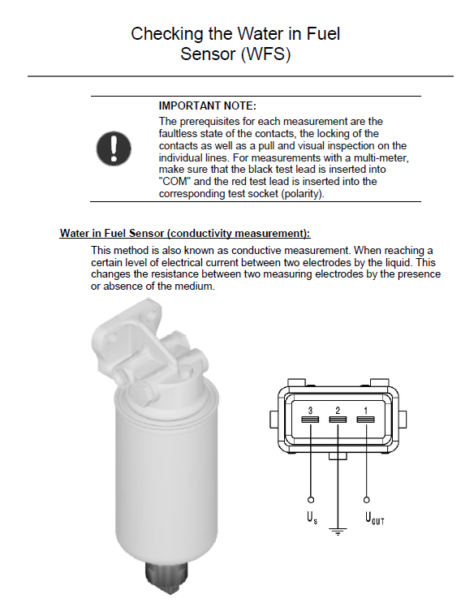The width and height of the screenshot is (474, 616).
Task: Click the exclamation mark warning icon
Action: [114, 149]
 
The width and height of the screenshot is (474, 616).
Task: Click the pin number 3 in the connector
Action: [310, 411]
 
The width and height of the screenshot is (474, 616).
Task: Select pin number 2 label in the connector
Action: [338, 411]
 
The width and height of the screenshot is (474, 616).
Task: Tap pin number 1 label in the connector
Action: [365, 411]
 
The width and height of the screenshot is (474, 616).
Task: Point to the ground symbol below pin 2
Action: [338, 532]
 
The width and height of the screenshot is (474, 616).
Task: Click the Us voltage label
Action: [312, 518]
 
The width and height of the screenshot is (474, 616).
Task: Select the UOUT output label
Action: [374, 518]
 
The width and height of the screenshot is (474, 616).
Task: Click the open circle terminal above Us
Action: [311, 500]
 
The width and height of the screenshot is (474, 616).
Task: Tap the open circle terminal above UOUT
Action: [366, 500]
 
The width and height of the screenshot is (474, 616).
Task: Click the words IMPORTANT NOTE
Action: [207, 106]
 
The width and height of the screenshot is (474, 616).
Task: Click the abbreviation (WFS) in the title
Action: [265, 54]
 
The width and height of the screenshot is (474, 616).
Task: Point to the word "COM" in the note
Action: [175, 182]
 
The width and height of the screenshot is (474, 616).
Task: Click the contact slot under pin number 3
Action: [310, 420]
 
